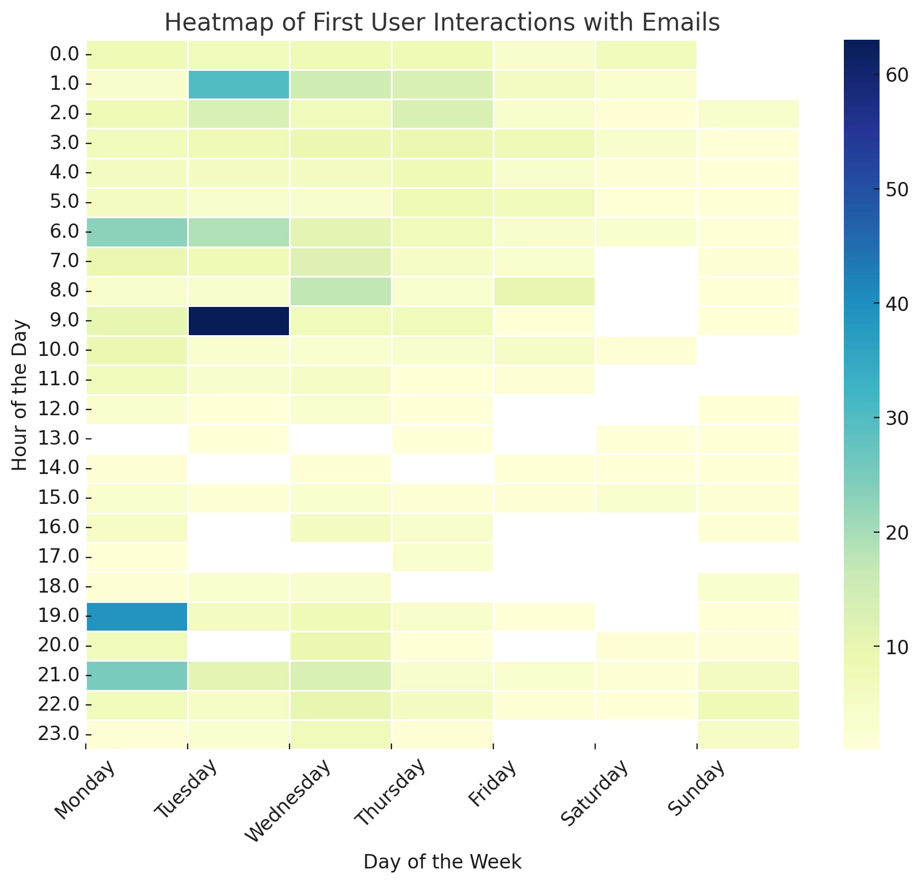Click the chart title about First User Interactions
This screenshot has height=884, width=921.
pyautogui.click(x=442, y=23)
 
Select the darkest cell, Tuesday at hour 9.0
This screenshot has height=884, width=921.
pyautogui.click(x=238, y=320)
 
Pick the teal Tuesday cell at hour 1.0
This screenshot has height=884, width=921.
pyautogui.click(x=238, y=84)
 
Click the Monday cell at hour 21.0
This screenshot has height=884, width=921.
pyautogui.click(x=137, y=675)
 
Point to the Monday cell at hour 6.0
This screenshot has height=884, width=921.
pyautogui.click(x=137, y=232)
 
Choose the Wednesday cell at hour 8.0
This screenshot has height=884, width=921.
pyautogui.click(x=340, y=291)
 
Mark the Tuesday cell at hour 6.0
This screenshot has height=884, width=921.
pyautogui.click(x=238, y=232)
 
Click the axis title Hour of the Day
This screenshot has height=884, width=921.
pyautogui.click(x=20, y=394)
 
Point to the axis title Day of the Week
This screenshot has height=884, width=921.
pyautogui.click(x=442, y=862)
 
